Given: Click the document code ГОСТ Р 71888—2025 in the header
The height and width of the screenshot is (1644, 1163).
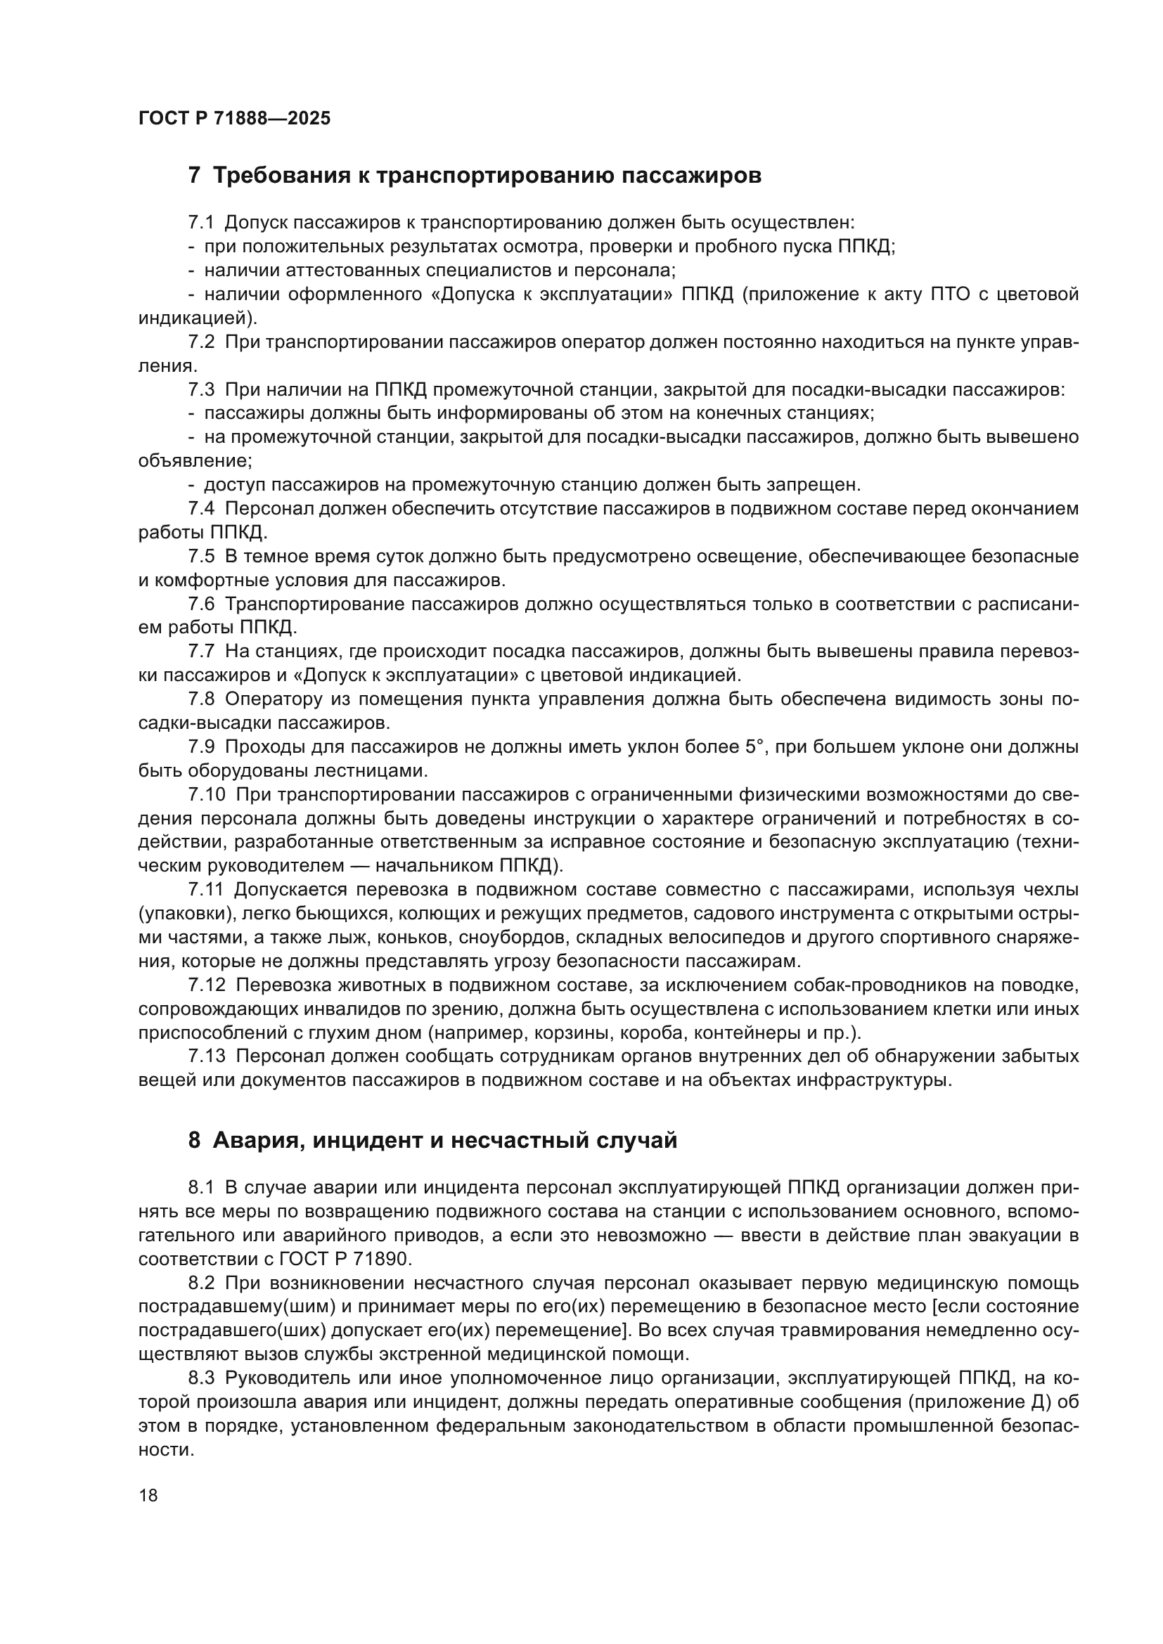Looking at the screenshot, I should [x=234, y=119].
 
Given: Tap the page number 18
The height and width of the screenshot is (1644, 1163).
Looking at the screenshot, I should [x=148, y=1495].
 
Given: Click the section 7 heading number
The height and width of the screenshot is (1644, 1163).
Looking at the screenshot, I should [x=194, y=176].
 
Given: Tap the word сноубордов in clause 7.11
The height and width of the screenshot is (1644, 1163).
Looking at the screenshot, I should [x=507, y=938].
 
